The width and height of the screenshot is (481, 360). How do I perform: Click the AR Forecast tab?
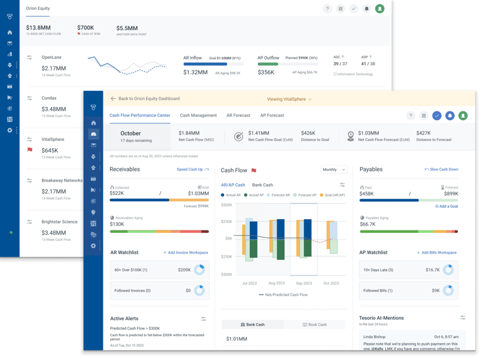tap(238, 115)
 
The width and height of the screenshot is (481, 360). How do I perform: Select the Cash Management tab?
tap(198, 115)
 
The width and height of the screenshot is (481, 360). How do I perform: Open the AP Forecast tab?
tap(272, 115)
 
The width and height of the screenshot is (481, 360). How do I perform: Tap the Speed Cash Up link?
tap(192, 170)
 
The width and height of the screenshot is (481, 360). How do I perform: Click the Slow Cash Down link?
tap(442, 170)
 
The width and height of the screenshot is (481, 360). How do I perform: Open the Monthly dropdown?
tap(334, 170)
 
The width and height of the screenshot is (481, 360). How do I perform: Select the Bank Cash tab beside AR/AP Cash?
tap(262, 185)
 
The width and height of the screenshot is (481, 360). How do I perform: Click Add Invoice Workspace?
tap(185, 253)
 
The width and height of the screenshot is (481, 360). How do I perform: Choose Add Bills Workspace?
tap(437, 253)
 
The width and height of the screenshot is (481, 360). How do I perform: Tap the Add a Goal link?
tap(447, 206)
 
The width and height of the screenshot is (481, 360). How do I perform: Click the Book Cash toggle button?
tap(314, 325)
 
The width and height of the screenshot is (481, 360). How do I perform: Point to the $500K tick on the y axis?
tap(226, 205)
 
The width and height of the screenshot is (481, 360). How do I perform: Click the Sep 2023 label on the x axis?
tap(304, 284)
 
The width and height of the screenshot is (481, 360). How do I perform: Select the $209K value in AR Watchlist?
tap(184, 270)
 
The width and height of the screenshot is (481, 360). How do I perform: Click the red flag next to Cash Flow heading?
tap(254, 170)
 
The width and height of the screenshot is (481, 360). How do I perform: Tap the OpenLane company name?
tap(51, 58)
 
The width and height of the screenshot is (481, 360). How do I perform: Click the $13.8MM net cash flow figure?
tap(38, 28)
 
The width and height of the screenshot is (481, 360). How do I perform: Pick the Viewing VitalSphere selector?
tap(289, 99)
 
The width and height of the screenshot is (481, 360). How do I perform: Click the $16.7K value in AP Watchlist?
tap(432, 270)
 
